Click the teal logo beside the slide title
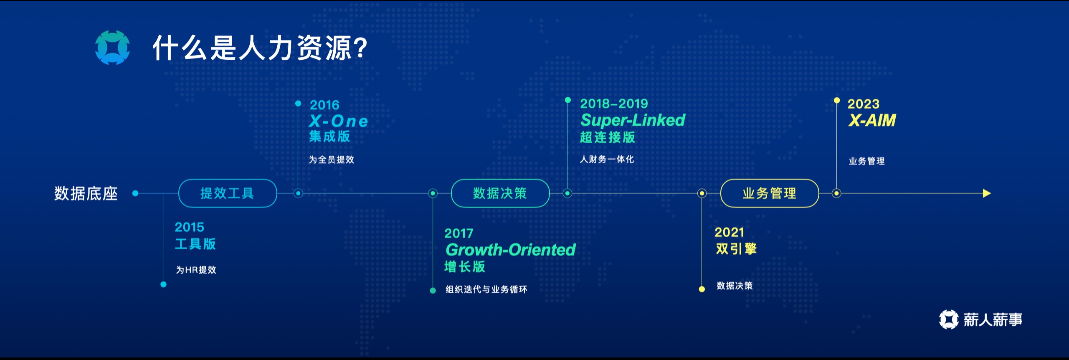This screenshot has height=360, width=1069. click(x=112, y=48)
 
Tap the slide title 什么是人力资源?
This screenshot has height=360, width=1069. click(x=260, y=48)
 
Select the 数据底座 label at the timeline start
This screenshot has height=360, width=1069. click(x=86, y=193)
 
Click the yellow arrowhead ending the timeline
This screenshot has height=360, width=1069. click(x=987, y=193)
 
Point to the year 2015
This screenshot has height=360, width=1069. click(x=190, y=227)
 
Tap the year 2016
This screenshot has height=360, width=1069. click(x=324, y=105)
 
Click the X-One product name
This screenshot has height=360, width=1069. click(x=339, y=121)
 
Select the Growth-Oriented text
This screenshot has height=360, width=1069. click(x=511, y=250)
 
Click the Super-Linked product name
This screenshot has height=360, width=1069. click(x=633, y=120)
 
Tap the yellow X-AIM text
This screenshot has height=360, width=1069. click(x=872, y=121)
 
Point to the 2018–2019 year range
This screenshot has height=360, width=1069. click(x=614, y=104)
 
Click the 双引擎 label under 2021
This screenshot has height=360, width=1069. click(x=736, y=249)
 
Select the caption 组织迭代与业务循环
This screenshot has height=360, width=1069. click(x=486, y=289)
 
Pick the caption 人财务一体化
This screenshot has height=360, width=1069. click(x=607, y=159)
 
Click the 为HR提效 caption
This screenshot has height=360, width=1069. click(x=196, y=270)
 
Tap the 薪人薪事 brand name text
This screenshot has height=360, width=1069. click(x=993, y=320)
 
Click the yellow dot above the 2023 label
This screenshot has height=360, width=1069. click(x=837, y=100)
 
